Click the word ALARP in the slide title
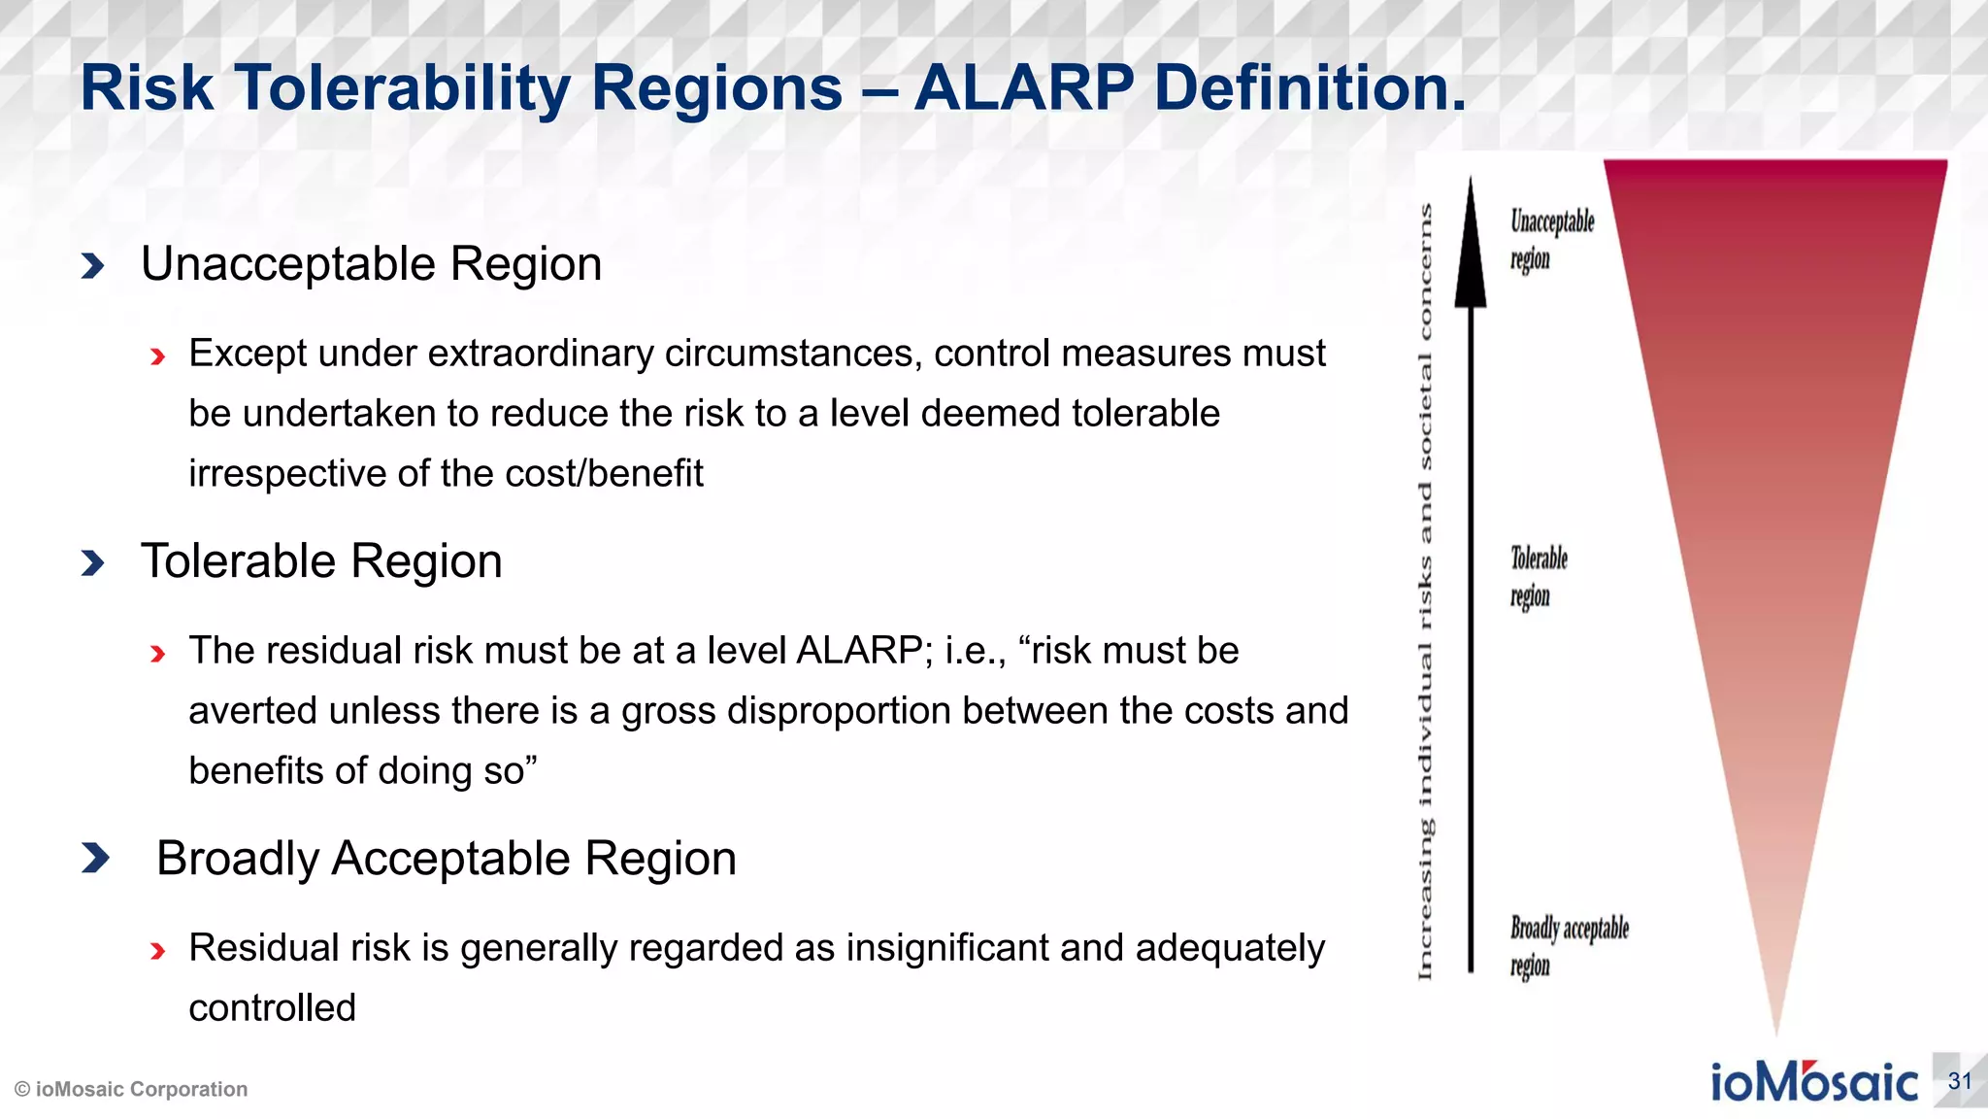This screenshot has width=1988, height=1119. click(1023, 88)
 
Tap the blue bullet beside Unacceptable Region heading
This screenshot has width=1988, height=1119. click(93, 265)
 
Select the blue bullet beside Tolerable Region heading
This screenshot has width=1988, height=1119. click(93, 562)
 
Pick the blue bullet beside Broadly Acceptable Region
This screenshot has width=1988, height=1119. click(95, 859)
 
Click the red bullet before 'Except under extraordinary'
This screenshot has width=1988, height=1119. click(158, 357)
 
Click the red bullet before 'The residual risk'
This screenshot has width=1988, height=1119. click(158, 655)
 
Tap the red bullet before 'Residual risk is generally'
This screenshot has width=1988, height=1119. click(158, 952)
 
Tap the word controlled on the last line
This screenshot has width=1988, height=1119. click(273, 1008)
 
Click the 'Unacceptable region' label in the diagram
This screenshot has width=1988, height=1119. click(1550, 239)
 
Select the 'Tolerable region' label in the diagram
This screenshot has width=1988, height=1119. click(1538, 576)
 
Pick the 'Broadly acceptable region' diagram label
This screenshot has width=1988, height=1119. click(1567, 946)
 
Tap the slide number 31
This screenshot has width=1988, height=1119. click(1959, 1081)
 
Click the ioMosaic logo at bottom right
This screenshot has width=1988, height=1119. click(1813, 1082)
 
